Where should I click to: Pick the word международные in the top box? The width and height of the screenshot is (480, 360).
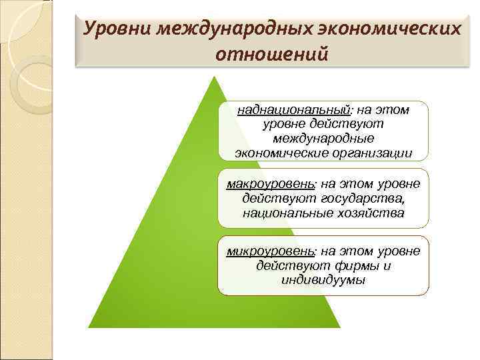coord(323,138)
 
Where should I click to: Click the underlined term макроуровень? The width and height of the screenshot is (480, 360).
coord(271,183)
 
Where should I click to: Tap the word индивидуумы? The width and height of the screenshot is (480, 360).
coord(323,280)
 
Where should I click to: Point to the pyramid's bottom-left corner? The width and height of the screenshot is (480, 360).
coord(89,327)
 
